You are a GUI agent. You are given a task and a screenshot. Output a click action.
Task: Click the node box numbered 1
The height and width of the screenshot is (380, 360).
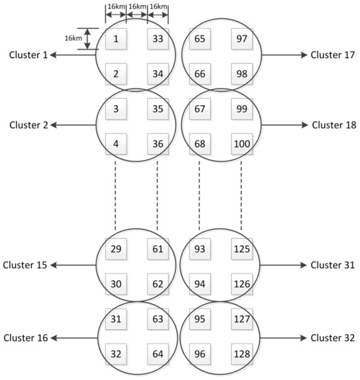[116, 39]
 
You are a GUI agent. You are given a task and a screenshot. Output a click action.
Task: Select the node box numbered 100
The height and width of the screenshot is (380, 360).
[242, 142]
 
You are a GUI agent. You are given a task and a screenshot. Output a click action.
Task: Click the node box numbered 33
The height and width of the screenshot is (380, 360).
[158, 39]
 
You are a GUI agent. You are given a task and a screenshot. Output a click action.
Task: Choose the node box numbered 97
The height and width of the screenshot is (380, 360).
[242, 39]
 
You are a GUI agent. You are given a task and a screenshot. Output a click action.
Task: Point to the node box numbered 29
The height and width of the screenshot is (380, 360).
[116, 250]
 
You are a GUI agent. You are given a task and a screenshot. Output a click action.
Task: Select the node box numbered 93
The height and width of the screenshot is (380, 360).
[200, 250]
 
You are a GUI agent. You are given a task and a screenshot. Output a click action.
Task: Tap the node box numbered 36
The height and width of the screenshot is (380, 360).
[158, 142]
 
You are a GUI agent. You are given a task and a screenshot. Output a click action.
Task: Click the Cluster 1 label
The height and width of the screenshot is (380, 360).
[28, 56]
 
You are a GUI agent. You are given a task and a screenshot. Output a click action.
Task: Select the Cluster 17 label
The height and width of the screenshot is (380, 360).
[333, 56]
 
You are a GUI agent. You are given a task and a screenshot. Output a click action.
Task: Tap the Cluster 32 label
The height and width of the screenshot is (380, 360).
[333, 338]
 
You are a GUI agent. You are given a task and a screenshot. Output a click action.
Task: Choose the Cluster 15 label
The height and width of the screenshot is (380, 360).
[26, 265]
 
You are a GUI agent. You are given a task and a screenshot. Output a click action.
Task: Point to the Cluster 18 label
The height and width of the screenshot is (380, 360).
[333, 124]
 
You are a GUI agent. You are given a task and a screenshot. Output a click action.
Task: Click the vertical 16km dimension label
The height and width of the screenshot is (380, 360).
[73, 39]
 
